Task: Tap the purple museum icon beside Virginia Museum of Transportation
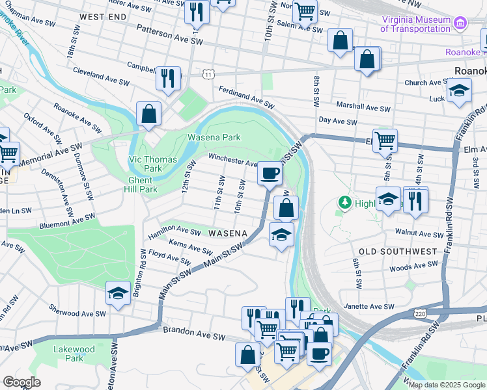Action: pos(461,24)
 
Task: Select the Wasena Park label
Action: pos(214,137)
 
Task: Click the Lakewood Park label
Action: pos(74,354)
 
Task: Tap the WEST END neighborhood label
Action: pos(102,15)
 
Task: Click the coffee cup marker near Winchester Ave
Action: pos(270,174)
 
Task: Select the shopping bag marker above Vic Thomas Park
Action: pos(149,114)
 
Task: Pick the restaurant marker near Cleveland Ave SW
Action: pos(169,78)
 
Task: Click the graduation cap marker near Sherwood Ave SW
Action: pos(118,293)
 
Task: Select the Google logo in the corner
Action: pos(21,382)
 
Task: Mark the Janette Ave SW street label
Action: pos(369,306)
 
